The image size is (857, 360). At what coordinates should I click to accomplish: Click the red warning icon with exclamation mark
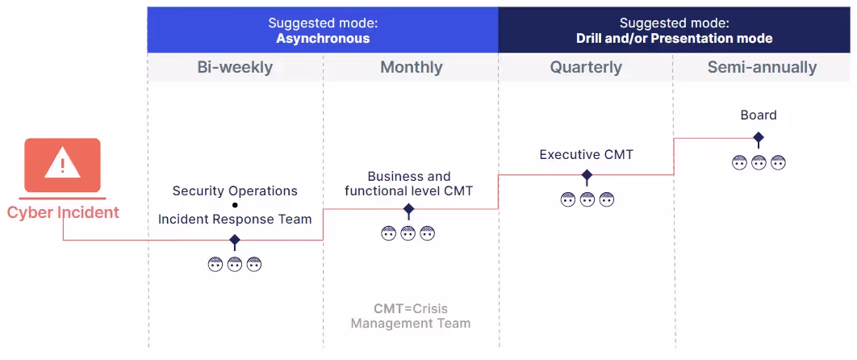point(62,165)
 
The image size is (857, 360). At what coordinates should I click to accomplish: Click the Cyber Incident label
point(63,213)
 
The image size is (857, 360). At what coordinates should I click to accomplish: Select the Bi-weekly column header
point(235,68)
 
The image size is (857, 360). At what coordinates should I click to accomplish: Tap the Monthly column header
point(411,68)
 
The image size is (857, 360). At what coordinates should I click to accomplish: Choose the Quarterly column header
point(586,68)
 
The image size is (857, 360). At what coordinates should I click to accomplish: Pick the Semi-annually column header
point(762,68)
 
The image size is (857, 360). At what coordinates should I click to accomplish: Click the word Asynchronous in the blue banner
point(323,38)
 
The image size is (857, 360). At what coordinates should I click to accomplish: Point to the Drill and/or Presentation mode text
point(674,38)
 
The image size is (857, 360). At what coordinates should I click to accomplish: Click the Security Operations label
point(235,191)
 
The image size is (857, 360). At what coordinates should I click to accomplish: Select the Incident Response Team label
point(235,219)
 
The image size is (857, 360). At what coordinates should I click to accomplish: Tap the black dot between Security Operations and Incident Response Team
point(235,205)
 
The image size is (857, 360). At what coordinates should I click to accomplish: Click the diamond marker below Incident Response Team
point(235,241)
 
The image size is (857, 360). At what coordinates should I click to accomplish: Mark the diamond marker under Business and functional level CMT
point(408,210)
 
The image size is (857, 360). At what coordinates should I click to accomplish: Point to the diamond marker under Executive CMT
point(587,175)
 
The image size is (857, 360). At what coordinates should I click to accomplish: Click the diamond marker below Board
point(759,138)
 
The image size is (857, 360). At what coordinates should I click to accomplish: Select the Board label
point(759,115)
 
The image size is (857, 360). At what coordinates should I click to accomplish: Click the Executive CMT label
point(587,154)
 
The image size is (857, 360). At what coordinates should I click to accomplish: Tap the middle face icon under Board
point(759,162)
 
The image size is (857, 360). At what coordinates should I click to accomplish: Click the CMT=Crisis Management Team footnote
point(410,316)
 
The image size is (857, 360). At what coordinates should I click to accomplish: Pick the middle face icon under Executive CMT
point(587,199)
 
